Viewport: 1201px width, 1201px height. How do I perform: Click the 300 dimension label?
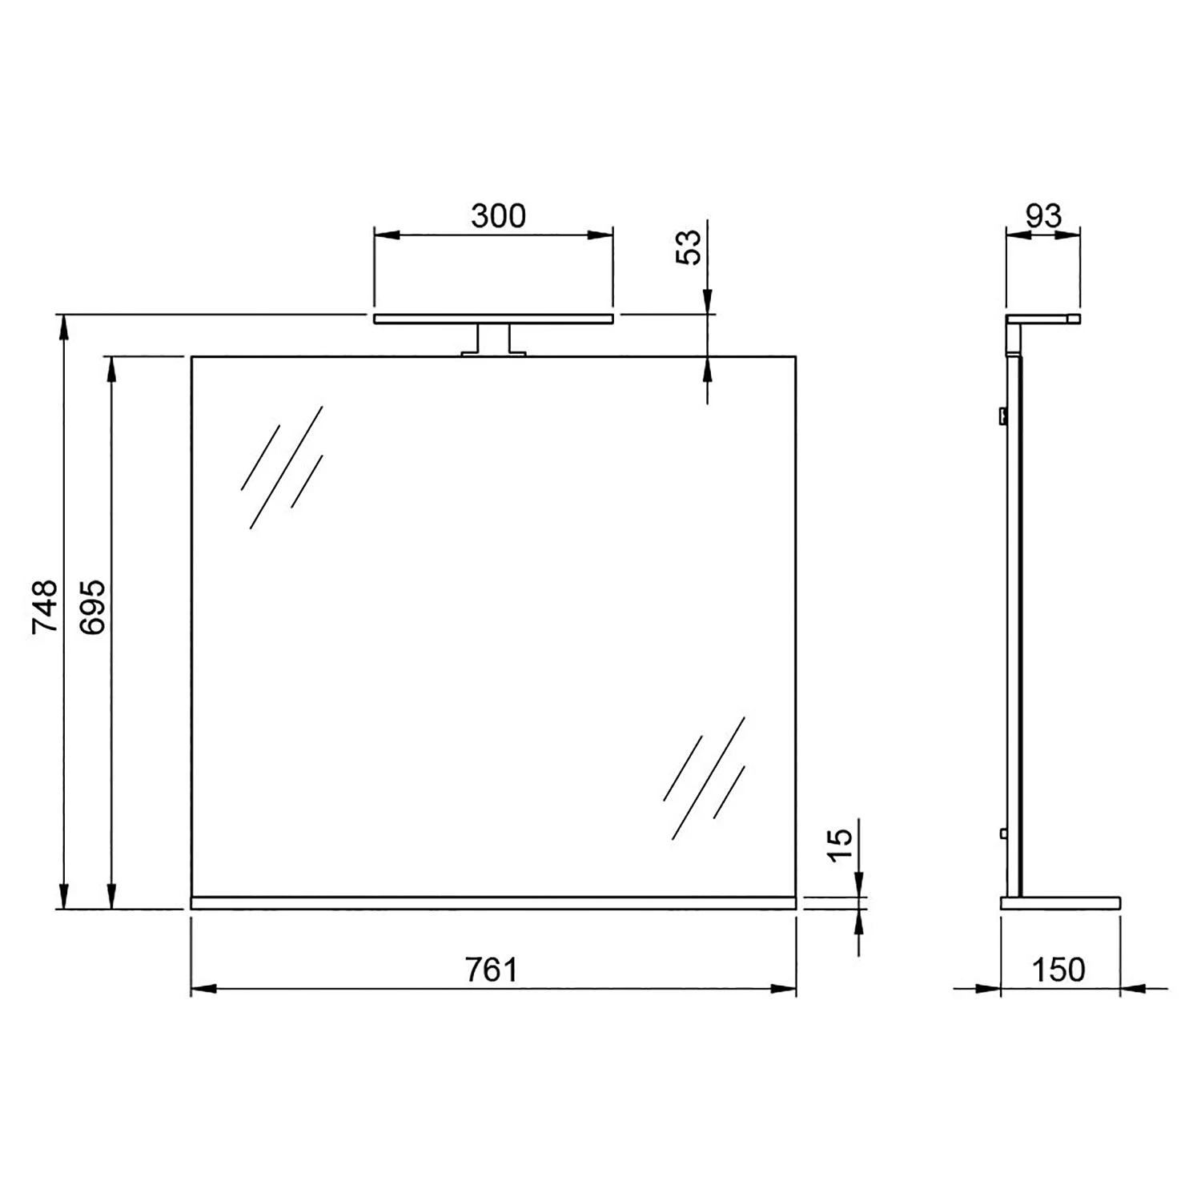tap(498, 216)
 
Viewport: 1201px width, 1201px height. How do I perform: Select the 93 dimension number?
tap(1043, 216)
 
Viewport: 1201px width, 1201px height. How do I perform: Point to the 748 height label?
tap(45, 607)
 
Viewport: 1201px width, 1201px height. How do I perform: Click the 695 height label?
tap(93, 607)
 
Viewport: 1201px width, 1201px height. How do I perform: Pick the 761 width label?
tap(492, 970)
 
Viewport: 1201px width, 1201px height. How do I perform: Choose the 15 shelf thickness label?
tap(840, 845)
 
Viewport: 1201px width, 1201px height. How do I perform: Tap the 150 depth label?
tap(1058, 970)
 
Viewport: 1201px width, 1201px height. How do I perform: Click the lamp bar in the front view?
tap(493, 319)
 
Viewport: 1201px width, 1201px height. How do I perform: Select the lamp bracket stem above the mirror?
tap(492, 338)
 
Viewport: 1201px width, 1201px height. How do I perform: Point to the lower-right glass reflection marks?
tap(705, 777)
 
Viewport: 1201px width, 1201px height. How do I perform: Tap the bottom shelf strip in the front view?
tap(493, 902)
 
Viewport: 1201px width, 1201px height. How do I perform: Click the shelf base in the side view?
tap(1060, 902)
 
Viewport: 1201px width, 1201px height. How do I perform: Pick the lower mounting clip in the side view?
tap(1002, 833)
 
